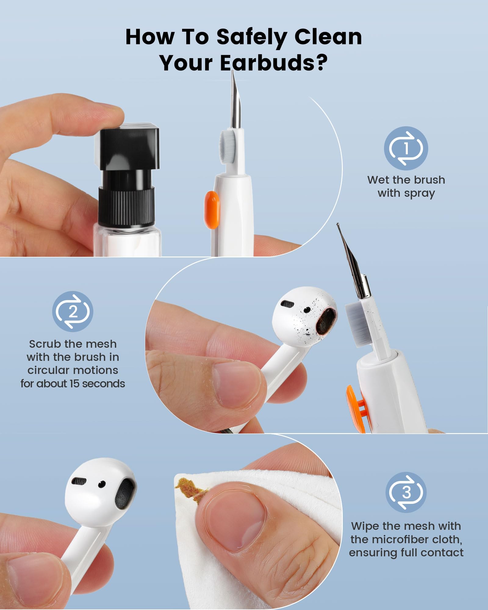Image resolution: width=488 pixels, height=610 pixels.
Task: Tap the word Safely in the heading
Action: click(x=251, y=37)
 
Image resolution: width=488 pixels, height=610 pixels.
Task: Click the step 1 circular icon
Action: click(x=406, y=148)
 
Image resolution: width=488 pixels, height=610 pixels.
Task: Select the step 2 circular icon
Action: click(x=72, y=311)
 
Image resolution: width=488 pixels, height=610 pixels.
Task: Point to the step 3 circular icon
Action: click(x=406, y=492)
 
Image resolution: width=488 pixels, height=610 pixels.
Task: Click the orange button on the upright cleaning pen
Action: click(x=212, y=210)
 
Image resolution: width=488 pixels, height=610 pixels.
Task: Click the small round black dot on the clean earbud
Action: click(x=102, y=484)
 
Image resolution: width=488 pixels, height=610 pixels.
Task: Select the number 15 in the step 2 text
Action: click(x=75, y=383)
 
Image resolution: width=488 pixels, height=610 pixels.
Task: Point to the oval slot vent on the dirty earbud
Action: click(x=287, y=304)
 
